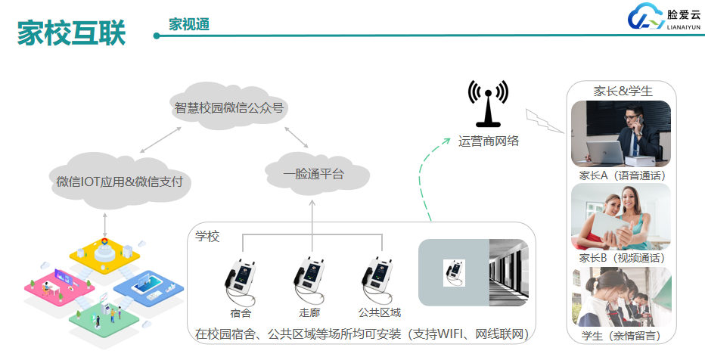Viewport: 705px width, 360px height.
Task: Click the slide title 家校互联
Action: [x=72, y=33]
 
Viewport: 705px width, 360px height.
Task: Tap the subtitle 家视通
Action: [x=189, y=24]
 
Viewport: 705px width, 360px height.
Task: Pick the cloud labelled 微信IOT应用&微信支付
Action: [x=120, y=182]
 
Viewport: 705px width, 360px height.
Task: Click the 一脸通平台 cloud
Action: [x=313, y=175]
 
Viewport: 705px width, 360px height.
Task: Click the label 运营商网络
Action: [x=489, y=141]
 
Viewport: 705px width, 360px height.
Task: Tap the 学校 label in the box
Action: [x=207, y=237]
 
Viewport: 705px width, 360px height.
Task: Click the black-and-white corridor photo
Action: [x=508, y=272]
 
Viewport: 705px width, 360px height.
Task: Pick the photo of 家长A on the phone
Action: [x=620, y=134]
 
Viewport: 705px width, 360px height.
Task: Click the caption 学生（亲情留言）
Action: [x=620, y=335]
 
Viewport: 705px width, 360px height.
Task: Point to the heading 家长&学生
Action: [x=623, y=91]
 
